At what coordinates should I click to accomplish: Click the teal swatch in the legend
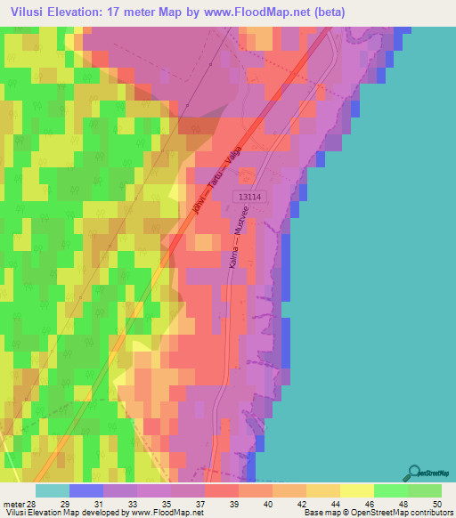click(x=52, y=490)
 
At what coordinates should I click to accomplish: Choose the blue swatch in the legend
click(x=85, y=490)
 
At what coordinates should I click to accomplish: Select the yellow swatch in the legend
click(x=356, y=490)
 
